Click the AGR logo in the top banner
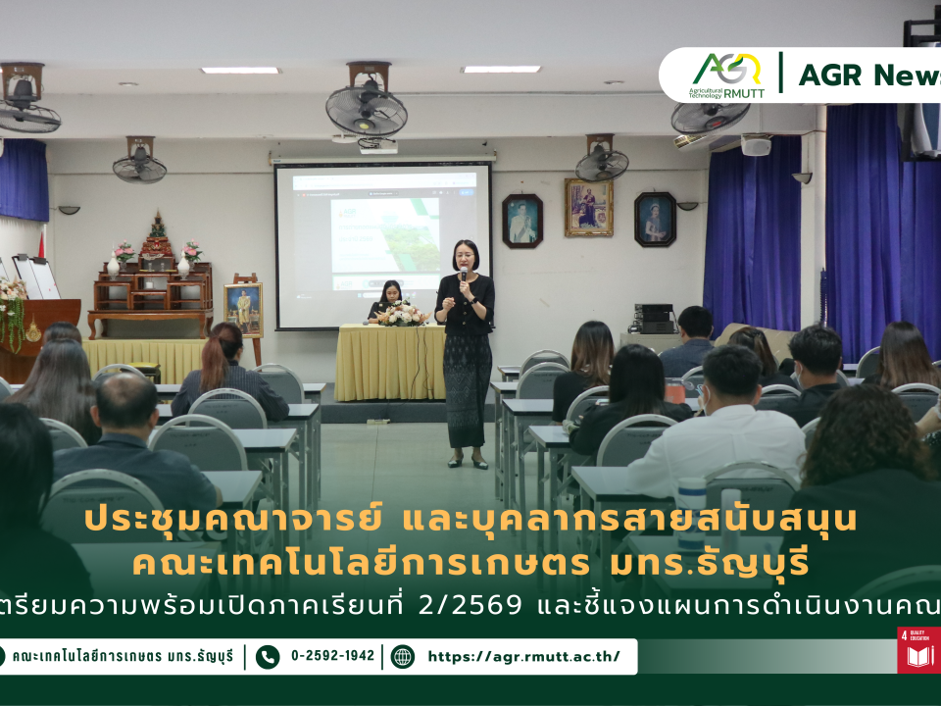coord(726,74)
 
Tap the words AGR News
coord(868,75)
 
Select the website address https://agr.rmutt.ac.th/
coord(523,656)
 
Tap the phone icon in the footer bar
coord(268,656)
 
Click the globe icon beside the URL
coord(403,656)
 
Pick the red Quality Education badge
coord(918,650)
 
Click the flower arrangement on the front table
coord(403,313)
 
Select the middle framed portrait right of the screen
coord(588,207)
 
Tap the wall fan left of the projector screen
coord(140,163)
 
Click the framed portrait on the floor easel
coord(243,309)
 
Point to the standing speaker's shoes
coord(467,461)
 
